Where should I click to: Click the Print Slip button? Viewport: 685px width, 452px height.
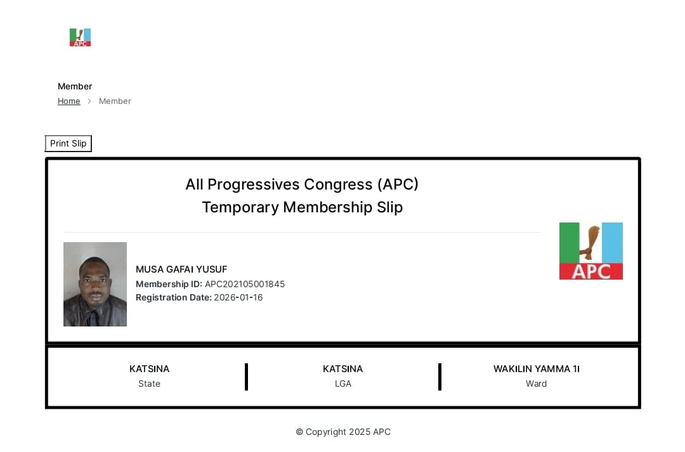coord(68,143)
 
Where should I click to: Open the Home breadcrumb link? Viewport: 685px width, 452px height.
coord(69,101)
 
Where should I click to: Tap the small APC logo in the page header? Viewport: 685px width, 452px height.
coord(80,37)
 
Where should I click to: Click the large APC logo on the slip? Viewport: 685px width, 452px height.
coord(591,251)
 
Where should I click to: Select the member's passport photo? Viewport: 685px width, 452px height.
coord(95,284)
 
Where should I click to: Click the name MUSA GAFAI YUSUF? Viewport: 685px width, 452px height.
coord(181,269)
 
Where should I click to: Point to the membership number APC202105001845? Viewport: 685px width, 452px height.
coord(245,284)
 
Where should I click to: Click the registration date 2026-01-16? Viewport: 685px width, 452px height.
coord(238,297)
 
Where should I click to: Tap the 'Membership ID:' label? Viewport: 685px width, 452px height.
coord(169,284)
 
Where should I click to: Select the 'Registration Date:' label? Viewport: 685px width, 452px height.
coord(173,297)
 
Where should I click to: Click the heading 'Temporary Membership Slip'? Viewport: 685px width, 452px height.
coord(303,207)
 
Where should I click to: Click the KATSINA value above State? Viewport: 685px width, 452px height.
coord(150,368)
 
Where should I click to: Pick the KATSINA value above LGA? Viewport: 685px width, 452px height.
coord(343,368)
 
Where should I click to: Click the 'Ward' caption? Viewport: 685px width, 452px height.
coord(536,384)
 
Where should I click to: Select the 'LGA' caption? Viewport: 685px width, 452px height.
coord(343,384)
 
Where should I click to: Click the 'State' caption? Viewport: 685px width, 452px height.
coord(150,384)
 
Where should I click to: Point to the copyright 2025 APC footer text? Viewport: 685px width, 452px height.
coord(343,432)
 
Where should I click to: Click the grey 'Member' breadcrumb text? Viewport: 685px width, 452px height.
coord(115,101)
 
